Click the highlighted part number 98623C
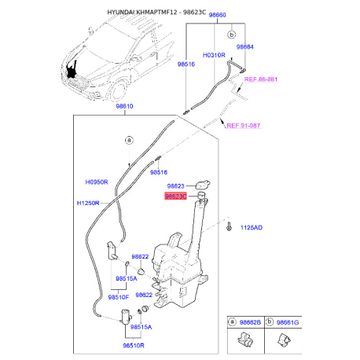175,196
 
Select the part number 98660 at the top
217,15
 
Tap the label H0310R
214,55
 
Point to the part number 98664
245,47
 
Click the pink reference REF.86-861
261,79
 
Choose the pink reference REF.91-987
244,126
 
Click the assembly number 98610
124,106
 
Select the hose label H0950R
97,182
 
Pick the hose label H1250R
88,203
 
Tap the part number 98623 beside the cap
176,186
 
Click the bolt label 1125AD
252,227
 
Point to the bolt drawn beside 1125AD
230,226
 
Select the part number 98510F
119,297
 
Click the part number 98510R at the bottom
134,345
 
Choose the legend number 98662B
250,322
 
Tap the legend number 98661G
288,322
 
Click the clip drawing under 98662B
245,340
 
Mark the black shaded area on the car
72,70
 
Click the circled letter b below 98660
232,35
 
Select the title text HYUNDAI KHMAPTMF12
142,12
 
